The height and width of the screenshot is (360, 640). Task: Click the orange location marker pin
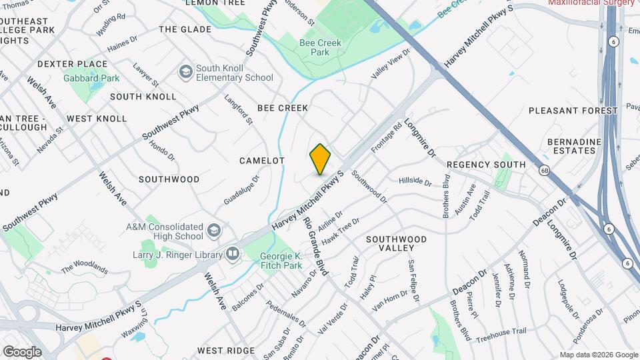click(320, 159)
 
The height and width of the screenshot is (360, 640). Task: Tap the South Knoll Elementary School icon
click(185, 71)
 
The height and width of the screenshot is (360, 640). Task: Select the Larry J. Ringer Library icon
click(232, 253)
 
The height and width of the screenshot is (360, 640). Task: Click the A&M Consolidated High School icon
click(213, 231)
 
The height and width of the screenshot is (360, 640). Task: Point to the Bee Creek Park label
click(320, 47)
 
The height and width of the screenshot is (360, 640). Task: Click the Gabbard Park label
click(91, 78)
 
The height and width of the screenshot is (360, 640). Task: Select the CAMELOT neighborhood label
click(263, 161)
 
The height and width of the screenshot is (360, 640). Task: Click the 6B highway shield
click(545, 170)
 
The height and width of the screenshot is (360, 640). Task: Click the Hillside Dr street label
click(415, 181)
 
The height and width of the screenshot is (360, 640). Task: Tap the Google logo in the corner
click(22, 351)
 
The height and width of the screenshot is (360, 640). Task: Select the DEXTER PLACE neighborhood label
click(72, 64)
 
